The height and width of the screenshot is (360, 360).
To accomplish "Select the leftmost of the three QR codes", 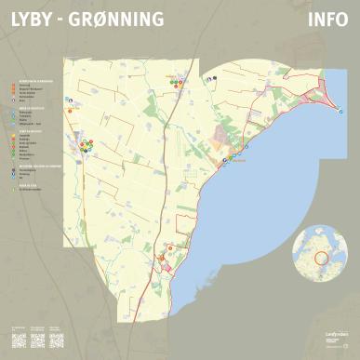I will click(x=19, y=338).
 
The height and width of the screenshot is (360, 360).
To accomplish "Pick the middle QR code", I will click(x=38, y=338).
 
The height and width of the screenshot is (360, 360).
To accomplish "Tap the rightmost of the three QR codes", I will click(x=58, y=338).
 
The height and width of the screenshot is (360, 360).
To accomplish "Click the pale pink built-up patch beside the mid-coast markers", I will click(x=222, y=140).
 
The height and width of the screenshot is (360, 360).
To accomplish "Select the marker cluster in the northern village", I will click(x=175, y=82).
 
